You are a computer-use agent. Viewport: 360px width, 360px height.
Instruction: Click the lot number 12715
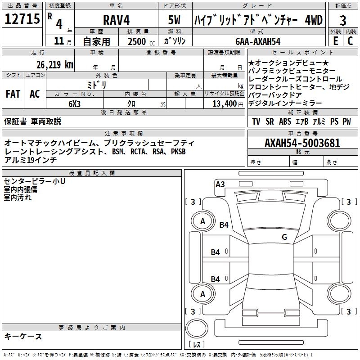22,19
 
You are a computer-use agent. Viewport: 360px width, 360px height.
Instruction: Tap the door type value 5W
175,20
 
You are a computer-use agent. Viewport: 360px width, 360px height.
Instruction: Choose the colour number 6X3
74,103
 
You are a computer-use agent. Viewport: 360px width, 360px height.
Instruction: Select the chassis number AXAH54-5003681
302,144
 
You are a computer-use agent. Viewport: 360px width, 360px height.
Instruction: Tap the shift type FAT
13,94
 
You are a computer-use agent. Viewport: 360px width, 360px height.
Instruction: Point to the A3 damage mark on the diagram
220,184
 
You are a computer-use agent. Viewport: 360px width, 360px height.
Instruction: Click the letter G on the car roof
284,237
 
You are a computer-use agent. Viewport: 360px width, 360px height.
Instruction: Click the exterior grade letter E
335,41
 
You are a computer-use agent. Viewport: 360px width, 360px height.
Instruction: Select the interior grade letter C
350,41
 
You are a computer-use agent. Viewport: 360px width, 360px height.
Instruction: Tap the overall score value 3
343,20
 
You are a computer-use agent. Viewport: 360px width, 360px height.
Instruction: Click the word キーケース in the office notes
23,336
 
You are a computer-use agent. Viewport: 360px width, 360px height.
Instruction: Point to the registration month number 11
58,41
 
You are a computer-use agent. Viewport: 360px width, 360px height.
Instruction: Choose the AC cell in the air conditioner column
35,94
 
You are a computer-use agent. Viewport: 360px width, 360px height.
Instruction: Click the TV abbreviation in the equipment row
256,121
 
